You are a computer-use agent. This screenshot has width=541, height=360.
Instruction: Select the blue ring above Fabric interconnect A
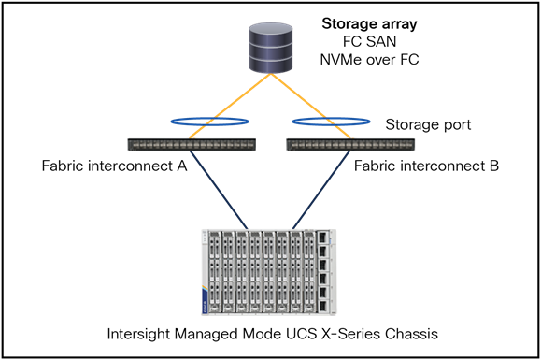(206, 122)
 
